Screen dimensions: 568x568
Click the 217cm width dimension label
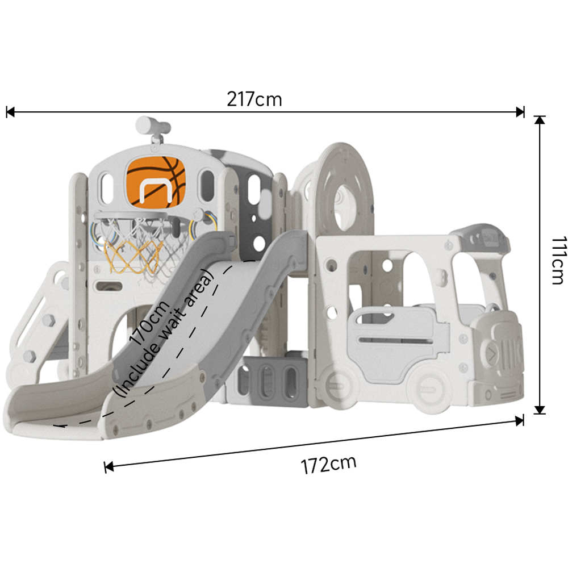point(254,99)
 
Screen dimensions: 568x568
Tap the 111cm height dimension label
point(559,261)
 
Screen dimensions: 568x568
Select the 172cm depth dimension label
point(328,465)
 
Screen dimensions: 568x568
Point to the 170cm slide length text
point(149,323)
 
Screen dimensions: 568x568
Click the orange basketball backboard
point(156,182)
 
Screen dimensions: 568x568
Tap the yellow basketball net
point(132,254)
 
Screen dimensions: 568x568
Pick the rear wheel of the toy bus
point(340,385)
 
